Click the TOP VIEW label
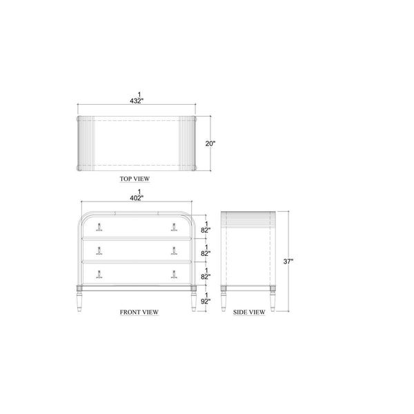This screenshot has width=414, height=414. (135, 179)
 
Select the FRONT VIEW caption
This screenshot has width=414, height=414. (139, 312)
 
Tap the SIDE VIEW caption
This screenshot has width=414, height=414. (249, 312)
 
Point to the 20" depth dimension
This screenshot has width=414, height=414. (210, 144)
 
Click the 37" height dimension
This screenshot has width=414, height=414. (288, 262)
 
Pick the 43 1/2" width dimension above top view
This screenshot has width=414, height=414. (137, 98)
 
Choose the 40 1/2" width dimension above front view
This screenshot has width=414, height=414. (137, 195)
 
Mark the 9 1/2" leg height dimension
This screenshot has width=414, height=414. (206, 298)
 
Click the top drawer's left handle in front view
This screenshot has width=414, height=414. (99, 227)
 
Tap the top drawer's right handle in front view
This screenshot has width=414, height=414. (174, 227)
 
